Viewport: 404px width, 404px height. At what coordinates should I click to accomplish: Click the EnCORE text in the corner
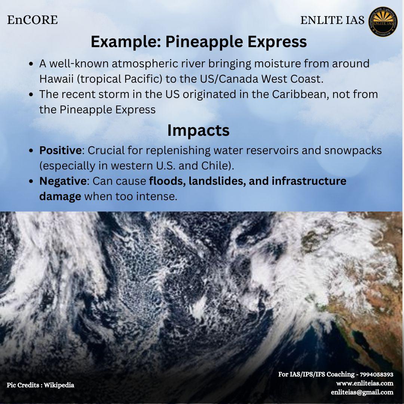(x=33, y=20)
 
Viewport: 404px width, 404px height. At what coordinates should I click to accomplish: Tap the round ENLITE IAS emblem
(x=383, y=21)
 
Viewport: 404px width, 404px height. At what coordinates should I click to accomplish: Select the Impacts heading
(x=198, y=131)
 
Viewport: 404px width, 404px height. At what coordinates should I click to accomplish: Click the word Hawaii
(x=57, y=79)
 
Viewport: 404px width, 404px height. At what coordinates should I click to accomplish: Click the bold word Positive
(x=61, y=150)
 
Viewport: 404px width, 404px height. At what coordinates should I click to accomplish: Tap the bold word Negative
(x=63, y=181)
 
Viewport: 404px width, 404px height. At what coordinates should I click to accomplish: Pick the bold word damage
(x=60, y=197)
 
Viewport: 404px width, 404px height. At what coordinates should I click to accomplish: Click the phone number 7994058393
(x=376, y=374)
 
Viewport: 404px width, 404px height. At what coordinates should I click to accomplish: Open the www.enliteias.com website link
(x=365, y=383)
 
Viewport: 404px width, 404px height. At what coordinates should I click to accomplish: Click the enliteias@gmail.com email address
(x=362, y=392)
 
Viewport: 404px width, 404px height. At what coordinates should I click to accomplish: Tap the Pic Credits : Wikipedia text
(x=40, y=385)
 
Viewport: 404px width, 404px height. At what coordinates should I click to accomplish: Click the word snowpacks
(x=353, y=151)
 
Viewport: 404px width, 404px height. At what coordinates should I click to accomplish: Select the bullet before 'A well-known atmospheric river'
(x=31, y=64)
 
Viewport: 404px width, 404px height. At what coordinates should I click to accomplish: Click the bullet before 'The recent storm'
(x=31, y=95)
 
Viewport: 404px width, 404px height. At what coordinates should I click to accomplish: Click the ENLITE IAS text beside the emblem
(x=333, y=20)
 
